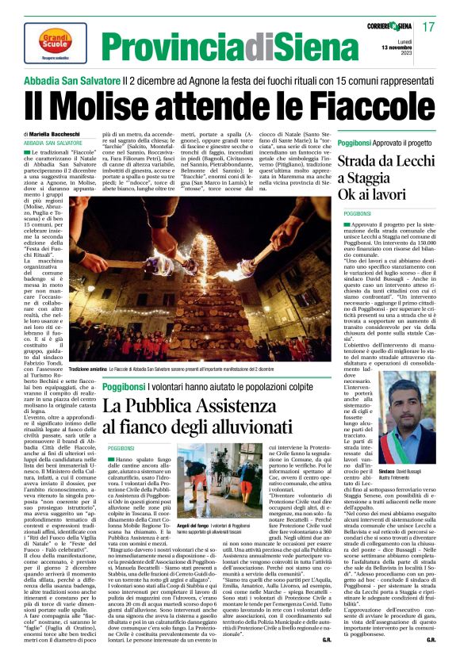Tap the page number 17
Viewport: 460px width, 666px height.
429,28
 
